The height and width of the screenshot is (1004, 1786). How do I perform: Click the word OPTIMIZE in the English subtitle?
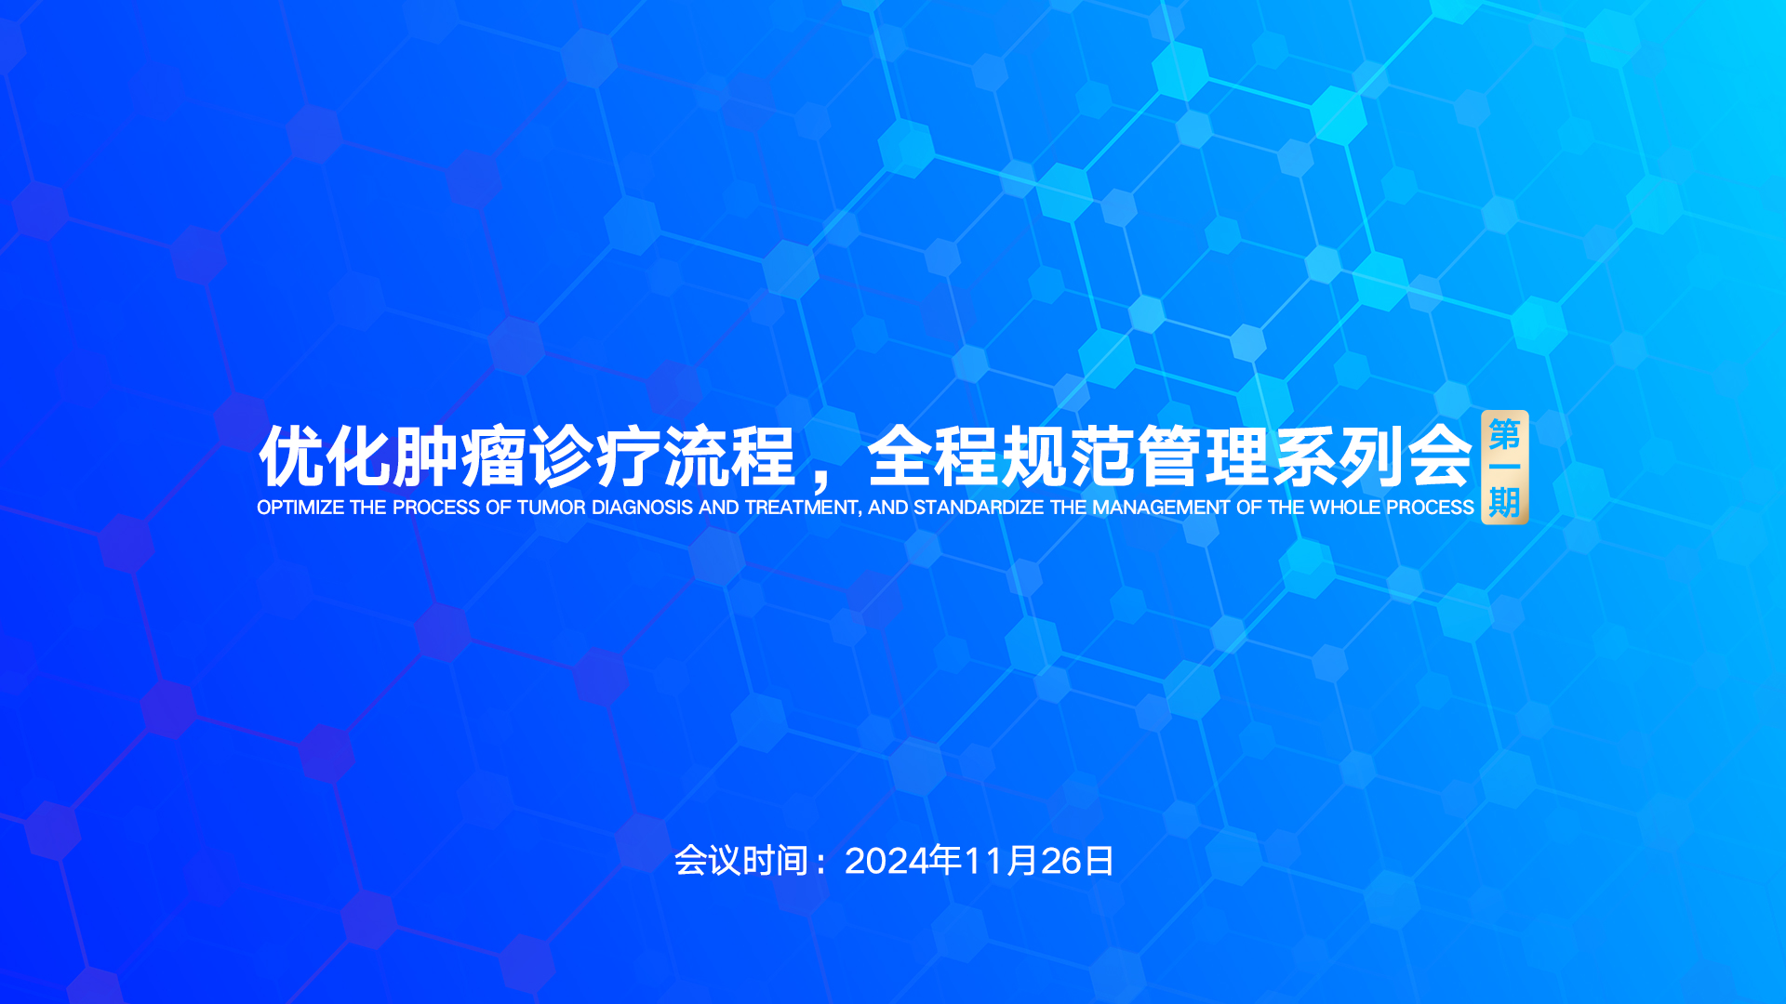coord(300,508)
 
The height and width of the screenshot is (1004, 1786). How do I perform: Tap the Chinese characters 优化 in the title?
coord(325,456)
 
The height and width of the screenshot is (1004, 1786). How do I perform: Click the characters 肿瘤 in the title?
coord(460,456)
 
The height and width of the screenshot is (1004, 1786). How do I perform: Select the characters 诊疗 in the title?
coord(594,456)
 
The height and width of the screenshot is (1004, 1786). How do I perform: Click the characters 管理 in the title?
coord(1203,456)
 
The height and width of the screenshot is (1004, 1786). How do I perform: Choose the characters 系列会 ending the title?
coord(1371,456)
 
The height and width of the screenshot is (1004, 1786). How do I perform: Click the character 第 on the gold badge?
coord(1505,434)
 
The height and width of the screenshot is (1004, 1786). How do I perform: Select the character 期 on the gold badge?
coord(1505,502)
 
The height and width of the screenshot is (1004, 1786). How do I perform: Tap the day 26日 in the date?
coord(1077,861)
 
